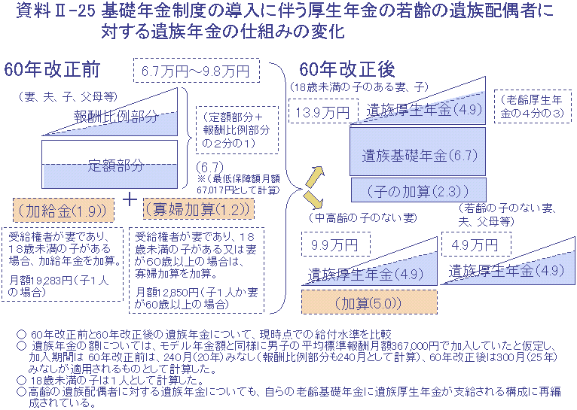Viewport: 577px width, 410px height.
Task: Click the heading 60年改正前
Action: tap(52, 70)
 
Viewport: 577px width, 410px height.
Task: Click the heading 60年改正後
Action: tap(347, 69)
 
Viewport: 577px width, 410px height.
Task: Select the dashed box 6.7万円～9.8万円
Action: tap(196, 71)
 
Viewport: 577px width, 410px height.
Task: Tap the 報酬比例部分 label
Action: tap(116, 117)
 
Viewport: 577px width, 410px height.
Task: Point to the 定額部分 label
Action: tap(115, 166)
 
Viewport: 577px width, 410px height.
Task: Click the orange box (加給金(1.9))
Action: tap(63, 211)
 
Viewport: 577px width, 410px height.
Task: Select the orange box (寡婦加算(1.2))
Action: tap(199, 209)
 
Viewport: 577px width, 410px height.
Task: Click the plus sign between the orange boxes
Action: tap(130, 200)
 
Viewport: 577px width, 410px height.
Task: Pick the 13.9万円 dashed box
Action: tap(323, 111)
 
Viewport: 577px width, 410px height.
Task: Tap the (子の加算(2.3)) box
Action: tap(418, 190)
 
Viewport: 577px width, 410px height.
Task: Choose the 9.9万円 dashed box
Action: tap(336, 244)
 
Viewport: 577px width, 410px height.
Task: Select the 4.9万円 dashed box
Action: tap(476, 244)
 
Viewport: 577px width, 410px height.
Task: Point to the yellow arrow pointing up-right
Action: tap(315, 176)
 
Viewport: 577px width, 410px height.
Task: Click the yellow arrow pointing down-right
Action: tap(313, 199)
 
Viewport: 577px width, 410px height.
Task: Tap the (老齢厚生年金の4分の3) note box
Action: tap(533, 106)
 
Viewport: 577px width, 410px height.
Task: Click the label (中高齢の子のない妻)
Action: tap(363, 218)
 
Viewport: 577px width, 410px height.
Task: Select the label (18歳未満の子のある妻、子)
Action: tap(359, 87)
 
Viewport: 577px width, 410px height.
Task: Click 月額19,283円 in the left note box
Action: tap(41, 281)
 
